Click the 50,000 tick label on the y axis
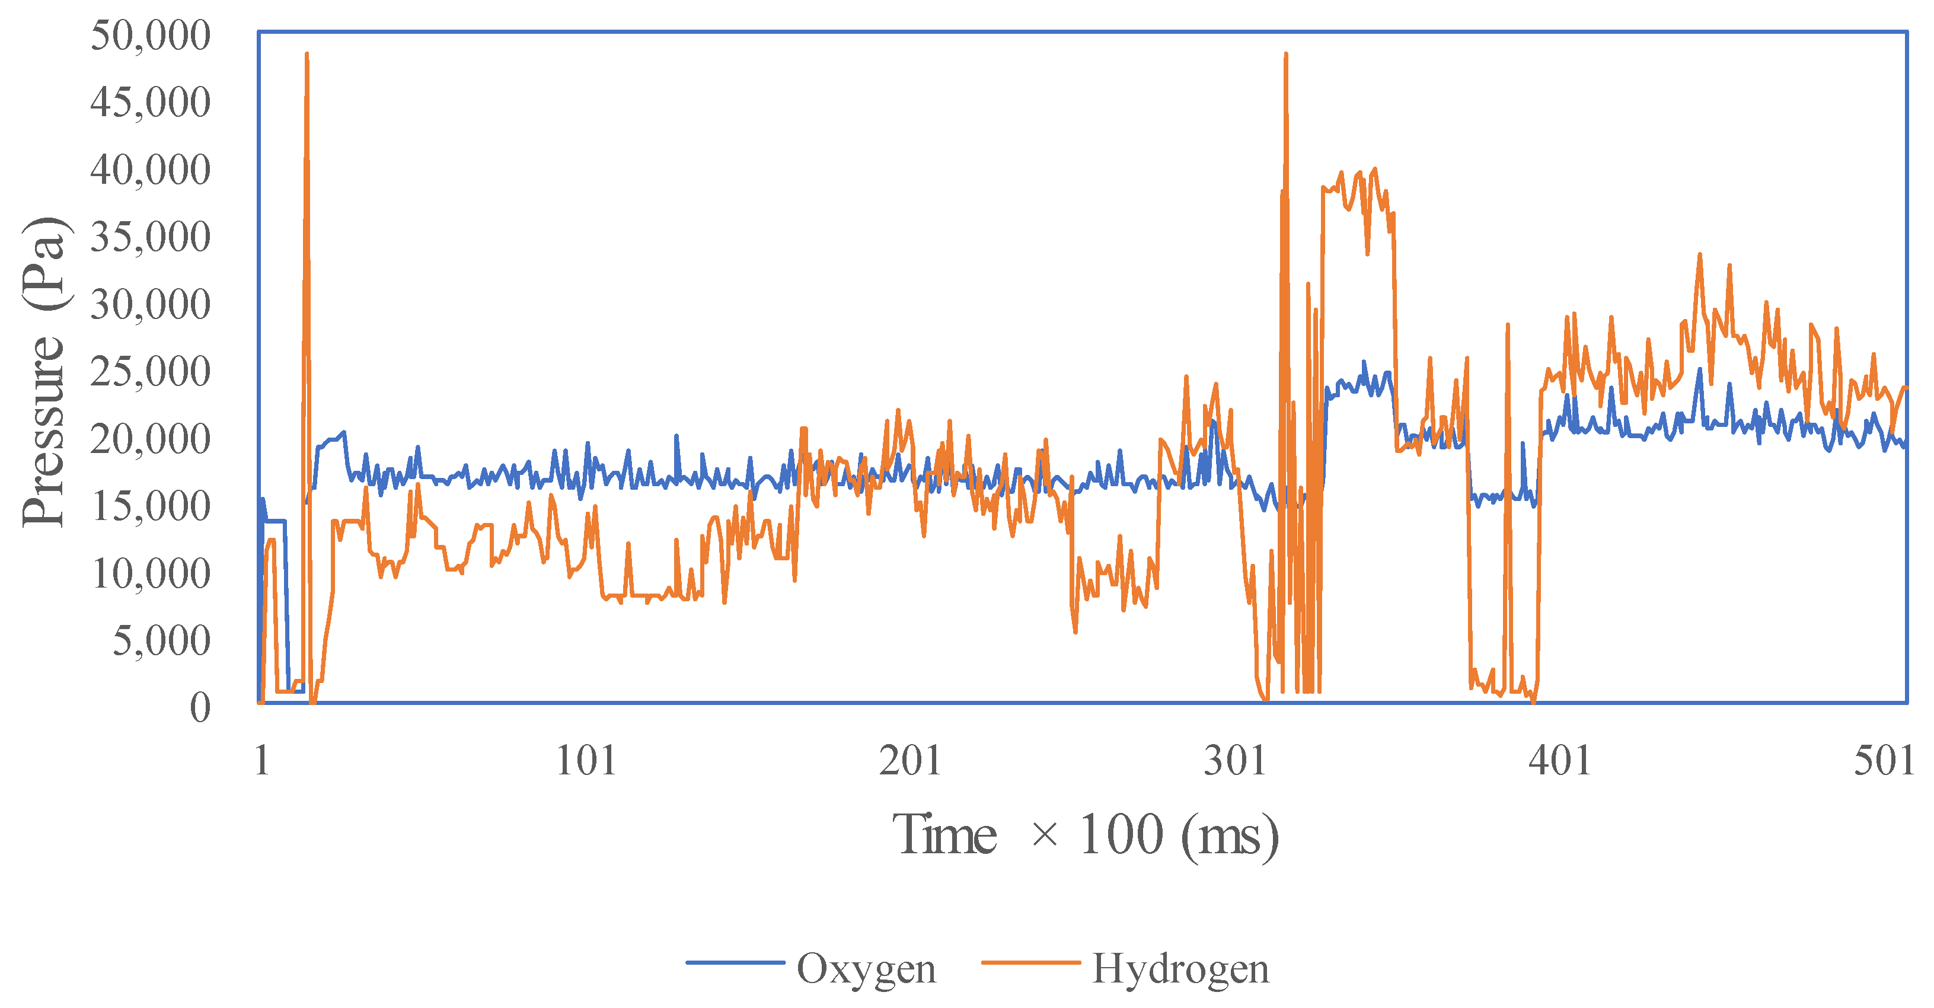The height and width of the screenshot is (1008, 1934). tap(150, 36)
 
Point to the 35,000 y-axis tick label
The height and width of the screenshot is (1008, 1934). tap(150, 237)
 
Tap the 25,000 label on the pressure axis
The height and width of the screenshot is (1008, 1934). tap(150, 372)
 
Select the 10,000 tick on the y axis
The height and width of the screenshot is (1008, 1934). tap(150, 574)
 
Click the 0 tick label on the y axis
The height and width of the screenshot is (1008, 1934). tap(200, 707)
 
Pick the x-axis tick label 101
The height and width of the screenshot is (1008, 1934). tap(586, 761)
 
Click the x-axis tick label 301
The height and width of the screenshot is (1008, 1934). tap(1235, 761)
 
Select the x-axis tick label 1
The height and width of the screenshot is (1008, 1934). tap(262, 761)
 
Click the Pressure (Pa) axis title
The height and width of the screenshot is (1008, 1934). tap(43, 372)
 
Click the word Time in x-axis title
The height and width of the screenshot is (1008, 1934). tap(944, 835)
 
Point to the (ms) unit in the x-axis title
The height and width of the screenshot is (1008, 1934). tap(1229, 835)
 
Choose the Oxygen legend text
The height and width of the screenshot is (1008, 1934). tap(866, 969)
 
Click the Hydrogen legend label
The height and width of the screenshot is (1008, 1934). tap(1180, 969)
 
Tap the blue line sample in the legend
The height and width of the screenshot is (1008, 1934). tap(735, 962)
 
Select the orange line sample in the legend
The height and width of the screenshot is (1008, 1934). tap(1031, 962)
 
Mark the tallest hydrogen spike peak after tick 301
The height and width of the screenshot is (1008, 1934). tap(1286, 55)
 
